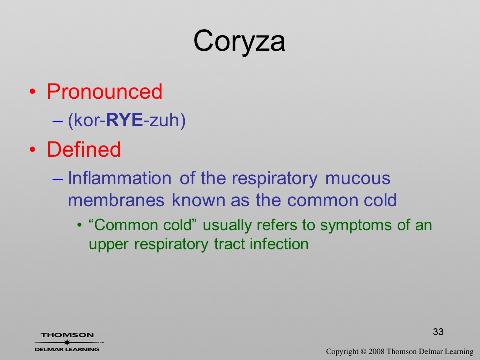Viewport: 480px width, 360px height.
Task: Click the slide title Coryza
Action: (x=239, y=42)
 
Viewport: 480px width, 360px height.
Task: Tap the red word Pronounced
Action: (x=104, y=91)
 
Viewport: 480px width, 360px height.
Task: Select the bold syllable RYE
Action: (x=124, y=120)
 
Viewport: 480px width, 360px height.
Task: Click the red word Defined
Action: (x=84, y=149)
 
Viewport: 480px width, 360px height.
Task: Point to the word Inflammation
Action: (x=119, y=178)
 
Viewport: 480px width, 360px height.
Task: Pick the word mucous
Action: (x=358, y=179)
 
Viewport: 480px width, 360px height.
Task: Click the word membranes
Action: (x=116, y=200)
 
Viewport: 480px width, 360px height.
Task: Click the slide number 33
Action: (x=438, y=332)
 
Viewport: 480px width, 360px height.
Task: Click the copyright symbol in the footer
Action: (x=363, y=351)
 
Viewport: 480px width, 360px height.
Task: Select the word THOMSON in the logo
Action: (x=67, y=335)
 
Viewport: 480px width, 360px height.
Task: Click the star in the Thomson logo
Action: (x=67, y=342)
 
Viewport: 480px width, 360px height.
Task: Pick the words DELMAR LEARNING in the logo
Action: (x=67, y=349)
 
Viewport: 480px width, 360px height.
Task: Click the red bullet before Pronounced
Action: (x=33, y=92)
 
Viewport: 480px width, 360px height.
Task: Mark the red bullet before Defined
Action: (x=33, y=149)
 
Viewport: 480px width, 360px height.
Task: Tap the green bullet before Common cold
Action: (x=80, y=226)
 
